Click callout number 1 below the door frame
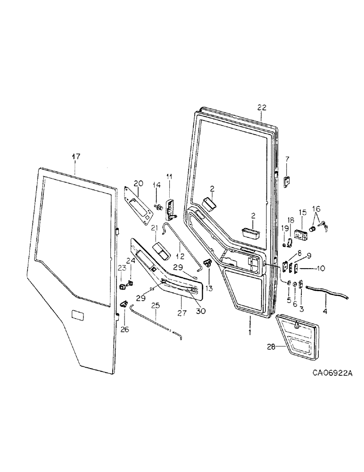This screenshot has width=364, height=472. coord(250,332)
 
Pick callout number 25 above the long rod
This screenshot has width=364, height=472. coord(156,305)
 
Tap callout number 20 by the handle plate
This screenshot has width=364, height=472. coord(137,183)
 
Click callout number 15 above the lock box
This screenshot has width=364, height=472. coord(302,212)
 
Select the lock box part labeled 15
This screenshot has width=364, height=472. coord(300,233)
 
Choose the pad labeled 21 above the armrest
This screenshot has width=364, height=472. coord(161,251)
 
